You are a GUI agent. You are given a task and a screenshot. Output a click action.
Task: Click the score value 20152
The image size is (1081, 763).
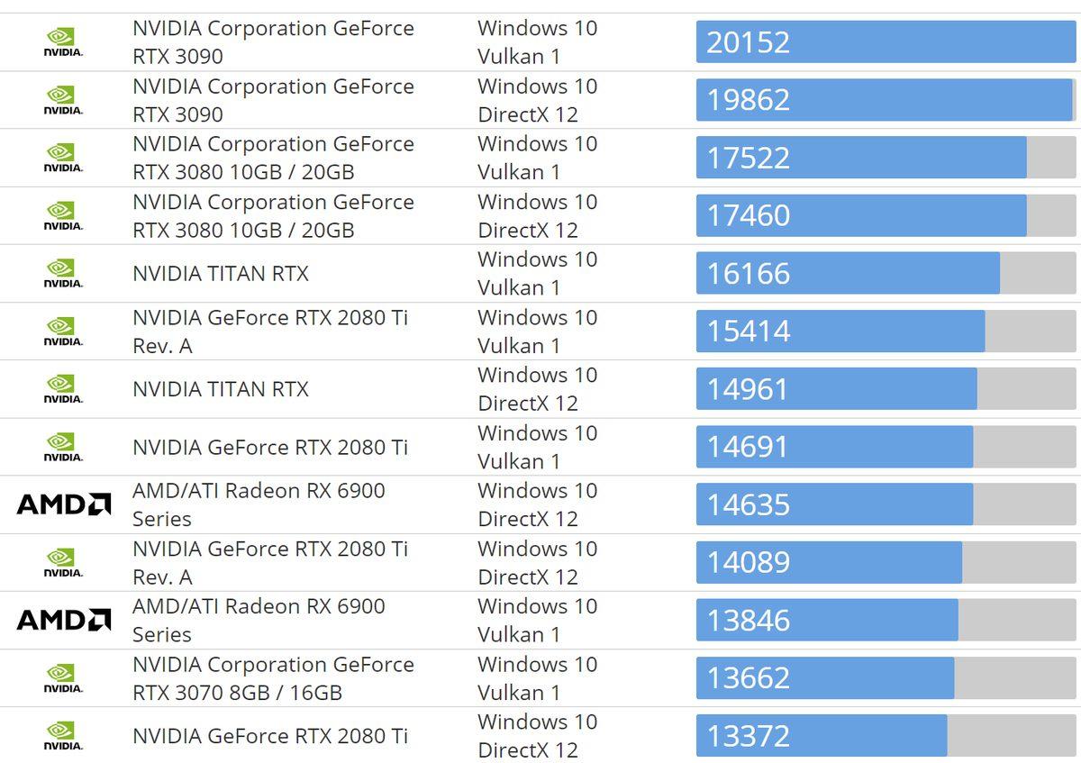pyautogui.click(x=748, y=42)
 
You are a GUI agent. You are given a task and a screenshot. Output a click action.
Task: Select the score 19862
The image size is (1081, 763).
pyautogui.click(x=748, y=100)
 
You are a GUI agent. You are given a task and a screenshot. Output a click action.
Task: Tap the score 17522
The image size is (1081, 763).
pyautogui.click(x=748, y=158)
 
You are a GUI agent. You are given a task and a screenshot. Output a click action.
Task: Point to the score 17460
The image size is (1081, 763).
pyautogui.click(x=748, y=215)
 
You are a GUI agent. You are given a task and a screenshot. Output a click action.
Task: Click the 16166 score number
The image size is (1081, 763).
pyautogui.click(x=748, y=273)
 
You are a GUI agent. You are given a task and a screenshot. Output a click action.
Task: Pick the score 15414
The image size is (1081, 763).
pyautogui.click(x=748, y=331)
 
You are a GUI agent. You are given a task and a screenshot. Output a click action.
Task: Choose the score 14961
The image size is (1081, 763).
pyautogui.click(x=748, y=389)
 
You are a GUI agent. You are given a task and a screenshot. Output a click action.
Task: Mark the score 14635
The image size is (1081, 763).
pyautogui.click(x=748, y=504)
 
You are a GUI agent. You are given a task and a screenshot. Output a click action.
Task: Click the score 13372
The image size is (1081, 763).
pyautogui.click(x=748, y=736)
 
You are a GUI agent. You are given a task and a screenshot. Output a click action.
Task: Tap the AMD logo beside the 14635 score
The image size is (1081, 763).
pyautogui.click(x=64, y=504)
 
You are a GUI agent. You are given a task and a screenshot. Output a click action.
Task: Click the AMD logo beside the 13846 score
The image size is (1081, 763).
pyautogui.click(x=64, y=620)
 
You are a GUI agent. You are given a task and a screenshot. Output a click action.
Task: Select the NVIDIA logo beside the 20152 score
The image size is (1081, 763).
pyautogui.click(x=63, y=42)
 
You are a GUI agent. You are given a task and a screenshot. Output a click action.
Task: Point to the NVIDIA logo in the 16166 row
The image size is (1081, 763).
pyautogui.click(x=63, y=273)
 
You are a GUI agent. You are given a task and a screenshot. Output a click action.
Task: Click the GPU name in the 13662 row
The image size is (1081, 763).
pyautogui.click(x=273, y=678)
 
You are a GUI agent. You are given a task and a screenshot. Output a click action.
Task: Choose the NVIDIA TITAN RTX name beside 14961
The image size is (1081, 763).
pyautogui.click(x=221, y=389)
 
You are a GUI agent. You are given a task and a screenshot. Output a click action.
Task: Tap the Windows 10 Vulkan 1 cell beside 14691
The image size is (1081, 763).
pyautogui.click(x=537, y=447)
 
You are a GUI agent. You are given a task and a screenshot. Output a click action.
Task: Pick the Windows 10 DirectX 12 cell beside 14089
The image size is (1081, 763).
pyautogui.click(x=537, y=562)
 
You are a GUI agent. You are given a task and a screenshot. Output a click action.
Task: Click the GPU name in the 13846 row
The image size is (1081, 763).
pyautogui.click(x=259, y=620)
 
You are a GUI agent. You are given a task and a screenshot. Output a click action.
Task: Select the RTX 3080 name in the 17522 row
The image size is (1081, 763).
pyautogui.click(x=273, y=158)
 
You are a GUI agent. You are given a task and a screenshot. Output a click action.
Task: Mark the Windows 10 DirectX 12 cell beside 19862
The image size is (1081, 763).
pyautogui.click(x=537, y=100)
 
